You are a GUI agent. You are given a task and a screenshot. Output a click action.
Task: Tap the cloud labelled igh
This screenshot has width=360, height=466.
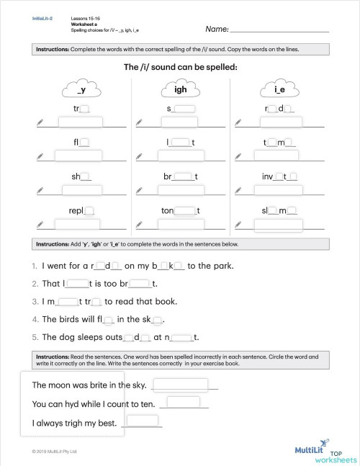point(179,89)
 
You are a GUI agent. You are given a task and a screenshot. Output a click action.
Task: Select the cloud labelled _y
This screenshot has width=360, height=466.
point(81,89)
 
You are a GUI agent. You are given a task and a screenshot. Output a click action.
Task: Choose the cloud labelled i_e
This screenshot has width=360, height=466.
point(279,89)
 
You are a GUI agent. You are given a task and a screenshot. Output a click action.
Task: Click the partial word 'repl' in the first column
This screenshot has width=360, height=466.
point(76,210)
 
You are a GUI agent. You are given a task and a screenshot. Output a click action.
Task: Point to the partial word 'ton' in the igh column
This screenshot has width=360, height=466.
point(168,210)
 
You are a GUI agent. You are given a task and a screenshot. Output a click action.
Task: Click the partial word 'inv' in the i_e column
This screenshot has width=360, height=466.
point(271,176)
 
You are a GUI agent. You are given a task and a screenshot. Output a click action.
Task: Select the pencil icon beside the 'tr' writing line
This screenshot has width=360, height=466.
point(40,122)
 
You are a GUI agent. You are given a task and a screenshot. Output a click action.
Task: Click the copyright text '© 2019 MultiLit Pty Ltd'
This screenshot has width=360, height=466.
point(55,452)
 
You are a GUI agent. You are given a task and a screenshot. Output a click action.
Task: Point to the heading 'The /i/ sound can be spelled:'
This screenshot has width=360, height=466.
point(180,67)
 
